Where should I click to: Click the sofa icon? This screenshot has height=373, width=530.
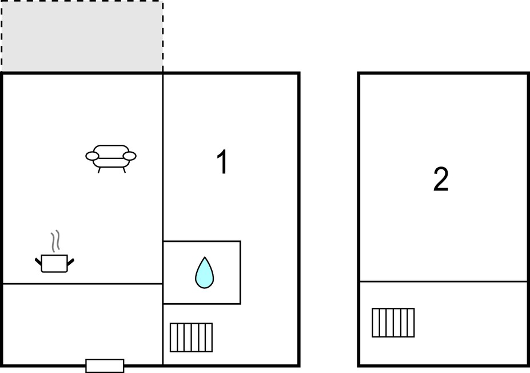111,158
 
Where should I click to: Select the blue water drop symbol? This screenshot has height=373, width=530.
205,272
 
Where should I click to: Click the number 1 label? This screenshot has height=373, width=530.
222,162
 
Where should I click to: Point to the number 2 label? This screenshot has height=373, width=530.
441,179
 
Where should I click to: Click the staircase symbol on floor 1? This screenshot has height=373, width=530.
192,338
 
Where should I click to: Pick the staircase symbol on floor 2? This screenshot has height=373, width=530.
393,323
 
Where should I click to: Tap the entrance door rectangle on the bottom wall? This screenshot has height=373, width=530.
105,366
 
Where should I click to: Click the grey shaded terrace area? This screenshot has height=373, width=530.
82,37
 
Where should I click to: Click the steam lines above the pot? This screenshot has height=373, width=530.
55,241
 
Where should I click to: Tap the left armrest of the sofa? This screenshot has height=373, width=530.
92,156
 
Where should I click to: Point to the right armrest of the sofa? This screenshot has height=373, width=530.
130,156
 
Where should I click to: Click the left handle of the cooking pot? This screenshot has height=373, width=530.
38,262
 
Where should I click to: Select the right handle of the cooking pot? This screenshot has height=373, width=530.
71,262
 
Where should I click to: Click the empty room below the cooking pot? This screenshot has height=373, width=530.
83,324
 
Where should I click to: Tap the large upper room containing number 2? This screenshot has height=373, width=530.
443,177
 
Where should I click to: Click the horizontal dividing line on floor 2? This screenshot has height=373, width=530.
443,281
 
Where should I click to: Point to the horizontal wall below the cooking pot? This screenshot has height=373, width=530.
83,284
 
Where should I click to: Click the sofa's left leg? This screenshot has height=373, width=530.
99,170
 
